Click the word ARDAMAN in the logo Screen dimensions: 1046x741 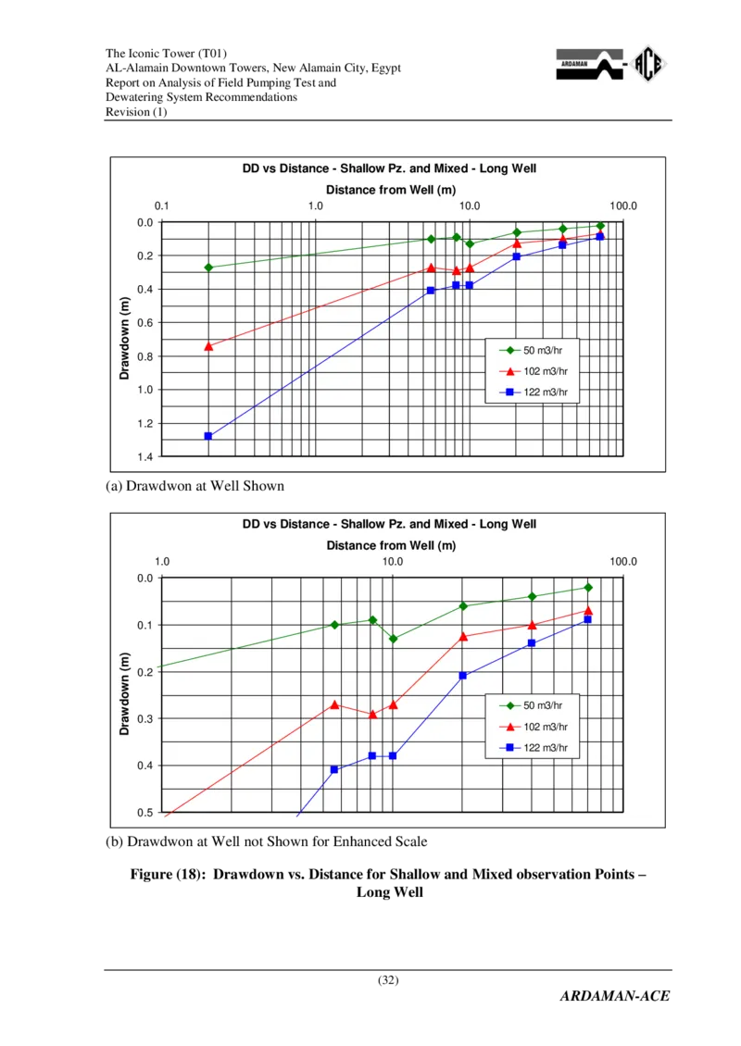click(573, 65)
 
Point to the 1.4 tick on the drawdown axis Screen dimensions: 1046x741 click(145, 457)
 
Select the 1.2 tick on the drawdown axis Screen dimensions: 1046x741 click(145, 423)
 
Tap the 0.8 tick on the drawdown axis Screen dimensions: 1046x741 click(145, 356)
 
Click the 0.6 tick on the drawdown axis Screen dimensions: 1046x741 click(145, 323)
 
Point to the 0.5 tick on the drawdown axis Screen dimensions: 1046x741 click(145, 813)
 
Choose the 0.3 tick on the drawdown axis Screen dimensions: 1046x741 click(145, 719)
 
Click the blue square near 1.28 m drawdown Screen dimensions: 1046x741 click(208, 436)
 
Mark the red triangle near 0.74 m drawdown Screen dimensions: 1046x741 click(208, 346)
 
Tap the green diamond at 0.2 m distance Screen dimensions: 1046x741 click(208, 268)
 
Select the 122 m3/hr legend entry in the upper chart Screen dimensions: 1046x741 click(537, 392)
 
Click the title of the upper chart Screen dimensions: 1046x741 click(389, 168)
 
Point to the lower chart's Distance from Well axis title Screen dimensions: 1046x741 click(391, 545)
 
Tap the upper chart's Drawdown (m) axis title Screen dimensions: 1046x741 click(124, 338)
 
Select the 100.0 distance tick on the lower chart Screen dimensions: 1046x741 click(623, 562)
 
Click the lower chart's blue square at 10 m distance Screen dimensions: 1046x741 click(393, 756)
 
